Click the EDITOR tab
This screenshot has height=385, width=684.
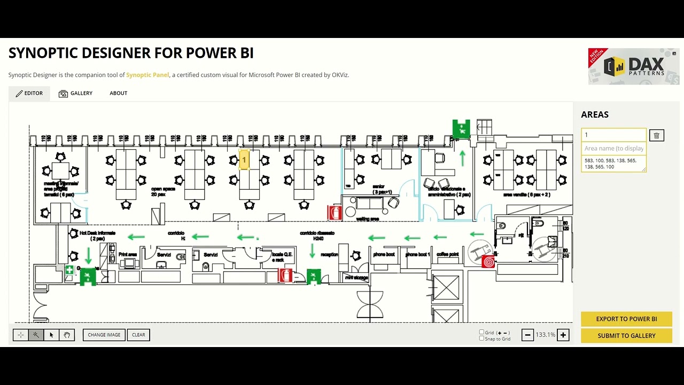tap(29, 94)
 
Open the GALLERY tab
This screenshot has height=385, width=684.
tap(75, 94)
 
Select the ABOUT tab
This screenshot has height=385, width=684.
tap(119, 94)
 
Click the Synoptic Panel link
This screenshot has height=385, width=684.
tap(147, 75)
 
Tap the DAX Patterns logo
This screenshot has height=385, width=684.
tap(634, 67)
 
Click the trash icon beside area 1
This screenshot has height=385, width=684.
tap(657, 135)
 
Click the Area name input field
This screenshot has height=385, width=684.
tap(613, 149)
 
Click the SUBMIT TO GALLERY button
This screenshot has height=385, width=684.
tap(626, 336)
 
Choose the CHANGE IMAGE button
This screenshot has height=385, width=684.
tap(104, 335)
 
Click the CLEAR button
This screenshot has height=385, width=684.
tap(138, 335)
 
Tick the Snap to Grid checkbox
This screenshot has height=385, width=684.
tap(482, 338)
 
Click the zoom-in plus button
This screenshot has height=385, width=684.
tap(563, 335)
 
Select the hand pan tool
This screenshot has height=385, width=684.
tap(67, 335)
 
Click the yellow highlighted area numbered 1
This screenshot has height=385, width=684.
tap(244, 160)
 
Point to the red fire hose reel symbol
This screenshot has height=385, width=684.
tap(488, 262)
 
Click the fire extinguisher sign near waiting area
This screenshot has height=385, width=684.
tap(335, 213)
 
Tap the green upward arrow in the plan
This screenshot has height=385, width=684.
tap(462, 158)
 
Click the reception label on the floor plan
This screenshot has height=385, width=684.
tap(329, 255)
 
